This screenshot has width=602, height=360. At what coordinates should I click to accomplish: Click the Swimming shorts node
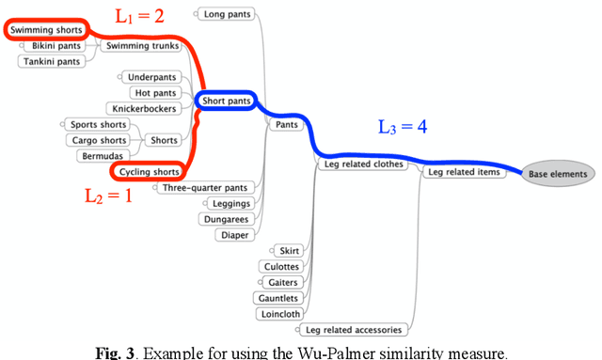[x=46, y=30]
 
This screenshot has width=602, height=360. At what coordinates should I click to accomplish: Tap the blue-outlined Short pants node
[x=227, y=101]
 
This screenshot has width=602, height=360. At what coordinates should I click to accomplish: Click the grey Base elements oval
[x=558, y=173]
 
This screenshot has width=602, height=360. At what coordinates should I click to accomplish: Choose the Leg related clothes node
[x=362, y=164]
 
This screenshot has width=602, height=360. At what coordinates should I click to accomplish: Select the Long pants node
[x=227, y=13]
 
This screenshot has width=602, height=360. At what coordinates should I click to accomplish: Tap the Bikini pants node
[x=55, y=45]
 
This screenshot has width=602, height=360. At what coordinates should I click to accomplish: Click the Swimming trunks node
[x=137, y=45]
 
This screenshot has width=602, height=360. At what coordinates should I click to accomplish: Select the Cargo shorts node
[x=99, y=140]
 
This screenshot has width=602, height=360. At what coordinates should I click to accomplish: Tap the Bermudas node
[x=102, y=155]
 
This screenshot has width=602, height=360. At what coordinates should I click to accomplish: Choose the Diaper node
[x=234, y=235]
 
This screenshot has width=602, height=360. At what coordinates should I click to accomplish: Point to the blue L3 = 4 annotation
[x=402, y=127]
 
